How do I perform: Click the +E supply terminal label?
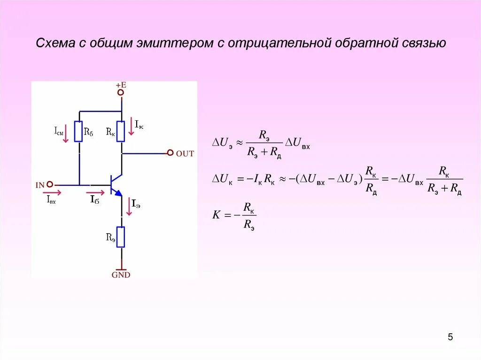click(x=121, y=85)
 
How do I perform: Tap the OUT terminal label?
click(x=185, y=153)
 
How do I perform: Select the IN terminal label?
click(x=40, y=185)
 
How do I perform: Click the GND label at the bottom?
click(x=121, y=275)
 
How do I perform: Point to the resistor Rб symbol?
click(x=79, y=131)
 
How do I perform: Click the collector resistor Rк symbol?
click(x=121, y=131)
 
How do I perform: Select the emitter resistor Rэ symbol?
click(x=121, y=237)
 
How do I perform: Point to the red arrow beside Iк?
click(x=132, y=128)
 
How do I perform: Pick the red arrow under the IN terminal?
click(x=52, y=192)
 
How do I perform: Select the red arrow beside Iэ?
click(x=130, y=207)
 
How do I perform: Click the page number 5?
click(x=450, y=337)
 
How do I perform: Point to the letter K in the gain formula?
click(x=216, y=215)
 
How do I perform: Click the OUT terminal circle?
click(x=170, y=153)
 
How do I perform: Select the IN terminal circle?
click(x=50, y=185)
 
